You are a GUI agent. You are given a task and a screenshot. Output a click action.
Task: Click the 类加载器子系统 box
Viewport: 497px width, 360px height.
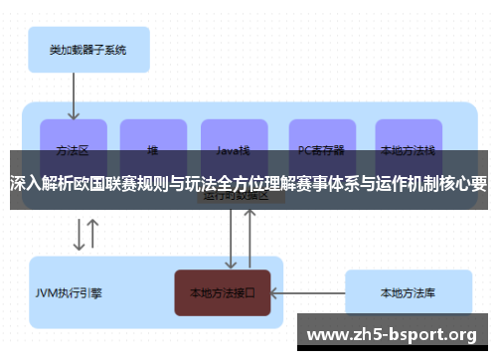point(86,48)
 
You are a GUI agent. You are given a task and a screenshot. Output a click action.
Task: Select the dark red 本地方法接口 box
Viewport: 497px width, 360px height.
point(223,293)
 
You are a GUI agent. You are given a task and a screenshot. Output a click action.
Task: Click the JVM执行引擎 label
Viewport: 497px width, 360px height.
point(69,293)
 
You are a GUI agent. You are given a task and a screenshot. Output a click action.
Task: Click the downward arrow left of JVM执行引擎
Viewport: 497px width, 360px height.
point(77,235)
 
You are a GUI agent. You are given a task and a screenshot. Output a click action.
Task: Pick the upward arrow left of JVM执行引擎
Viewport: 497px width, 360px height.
point(92,235)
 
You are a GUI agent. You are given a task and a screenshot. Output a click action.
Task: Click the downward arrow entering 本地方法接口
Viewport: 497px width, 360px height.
point(232,239)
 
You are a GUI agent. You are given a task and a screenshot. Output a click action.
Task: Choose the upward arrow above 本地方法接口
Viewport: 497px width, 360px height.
point(251,239)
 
